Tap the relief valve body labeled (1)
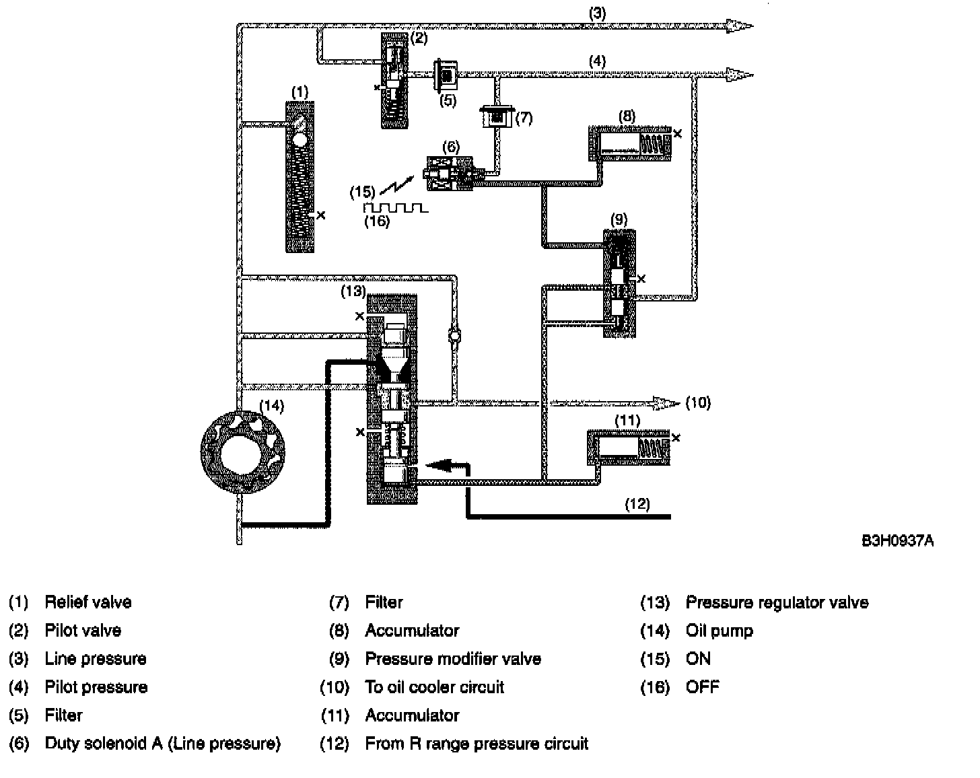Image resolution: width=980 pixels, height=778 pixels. click(x=300, y=176)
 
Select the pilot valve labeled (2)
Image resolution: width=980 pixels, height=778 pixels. click(x=394, y=80)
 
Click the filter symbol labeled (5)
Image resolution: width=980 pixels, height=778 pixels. click(x=445, y=75)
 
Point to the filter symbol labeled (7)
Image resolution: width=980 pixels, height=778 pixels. click(x=497, y=117)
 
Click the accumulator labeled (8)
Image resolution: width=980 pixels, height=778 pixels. click(x=631, y=143)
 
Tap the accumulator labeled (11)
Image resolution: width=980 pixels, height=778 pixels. click(x=629, y=446)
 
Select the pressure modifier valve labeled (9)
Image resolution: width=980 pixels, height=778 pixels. click(x=619, y=283)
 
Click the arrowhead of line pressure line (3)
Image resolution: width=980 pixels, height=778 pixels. click(x=740, y=26)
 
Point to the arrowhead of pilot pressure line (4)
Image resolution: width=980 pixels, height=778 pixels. click(x=740, y=74)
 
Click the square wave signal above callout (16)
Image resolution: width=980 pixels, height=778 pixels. click(x=394, y=207)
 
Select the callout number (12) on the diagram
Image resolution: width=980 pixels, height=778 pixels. click(x=637, y=503)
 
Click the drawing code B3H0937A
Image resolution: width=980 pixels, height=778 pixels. click(x=897, y=540)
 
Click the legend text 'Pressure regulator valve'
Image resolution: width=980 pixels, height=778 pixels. click(x=777, y=602)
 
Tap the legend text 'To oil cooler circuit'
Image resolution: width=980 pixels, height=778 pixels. click(x=434, y=687)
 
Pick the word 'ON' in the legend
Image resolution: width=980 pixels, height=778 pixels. click(x=698, y=659)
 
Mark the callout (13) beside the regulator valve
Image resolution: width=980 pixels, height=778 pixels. click(x=353, y=291)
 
